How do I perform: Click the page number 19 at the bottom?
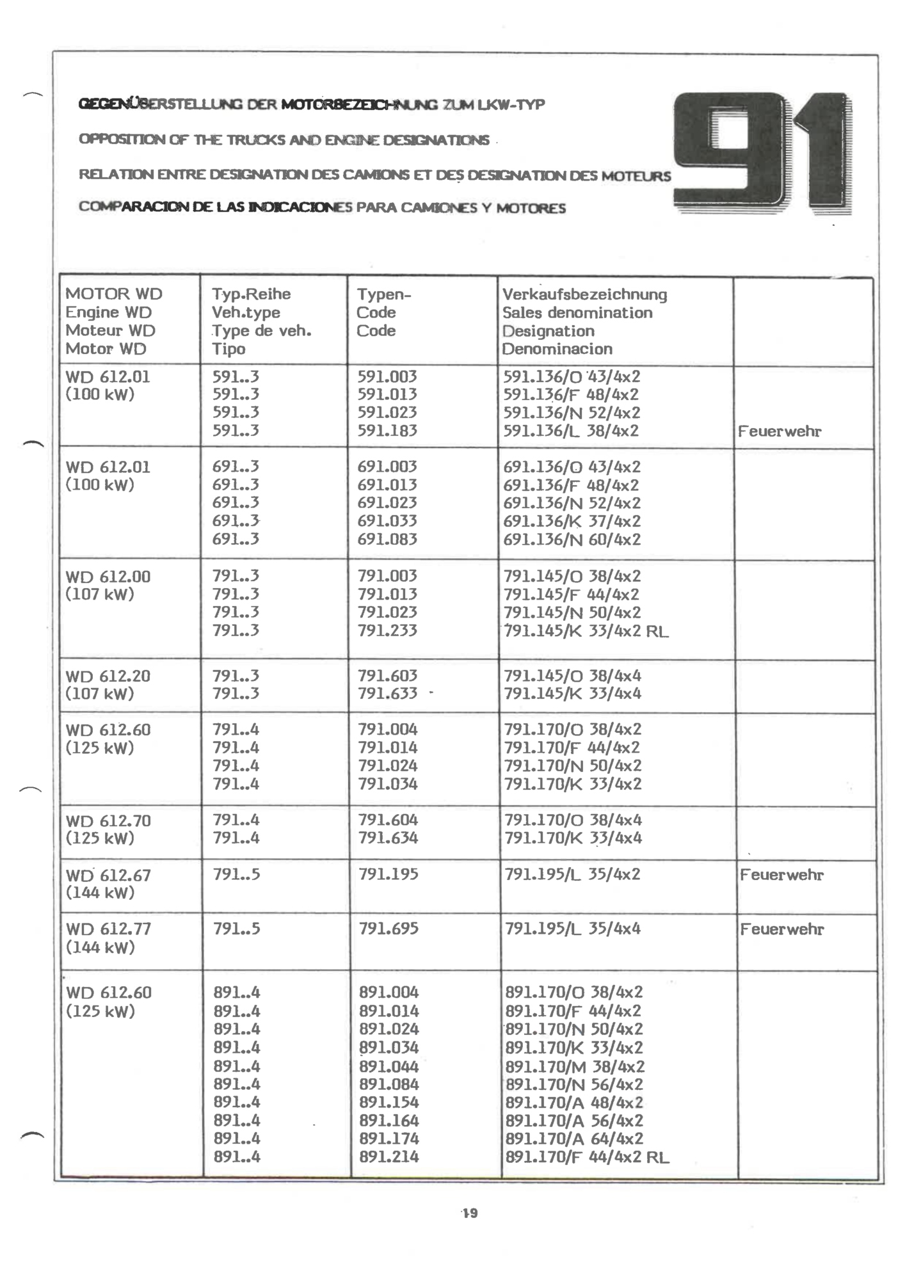coord(470,1213)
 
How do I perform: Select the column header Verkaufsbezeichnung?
coord(584,294)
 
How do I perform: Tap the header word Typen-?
coord(384,294)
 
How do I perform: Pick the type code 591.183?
coord(387,431)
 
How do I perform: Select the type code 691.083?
coord(387,540)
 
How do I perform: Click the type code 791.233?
coord(387,630)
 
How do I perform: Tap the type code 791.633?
coord(387,693)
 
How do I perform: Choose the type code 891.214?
coord(388,1157)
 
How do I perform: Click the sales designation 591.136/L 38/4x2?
coord(571,431)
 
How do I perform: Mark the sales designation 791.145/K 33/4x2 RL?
coord(586,631)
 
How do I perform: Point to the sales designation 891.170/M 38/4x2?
coord(575,1066)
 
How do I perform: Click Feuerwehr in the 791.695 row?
coord(782,929)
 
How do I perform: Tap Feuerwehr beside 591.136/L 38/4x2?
coord(780,431)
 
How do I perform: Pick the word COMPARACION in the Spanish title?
coord(133,207)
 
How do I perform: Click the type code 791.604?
coord(388,820)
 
